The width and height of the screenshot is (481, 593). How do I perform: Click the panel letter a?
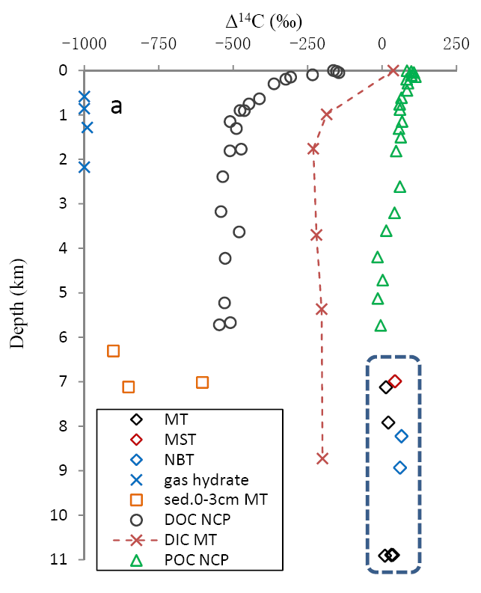point(116,107)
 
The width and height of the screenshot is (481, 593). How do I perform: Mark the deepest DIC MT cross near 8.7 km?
point(322,458)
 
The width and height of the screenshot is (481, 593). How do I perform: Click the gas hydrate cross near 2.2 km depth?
point(84,167)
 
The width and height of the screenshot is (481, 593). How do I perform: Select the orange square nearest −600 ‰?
point(202,382)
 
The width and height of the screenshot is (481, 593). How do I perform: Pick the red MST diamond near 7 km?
point(395,381)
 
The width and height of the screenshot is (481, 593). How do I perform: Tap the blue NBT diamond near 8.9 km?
point(400,467)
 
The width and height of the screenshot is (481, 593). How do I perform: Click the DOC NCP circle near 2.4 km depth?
point(223,176)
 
